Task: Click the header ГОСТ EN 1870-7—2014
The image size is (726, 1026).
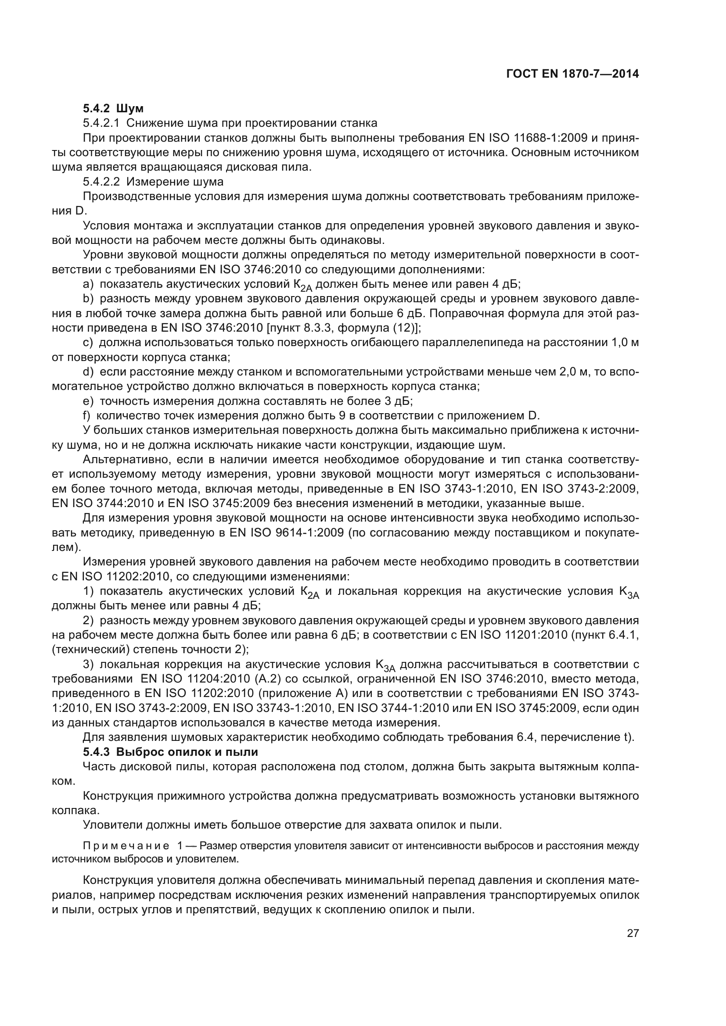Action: click(572, 74)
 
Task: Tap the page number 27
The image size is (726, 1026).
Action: click(633, 933)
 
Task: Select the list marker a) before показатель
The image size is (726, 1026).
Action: click(88, 284)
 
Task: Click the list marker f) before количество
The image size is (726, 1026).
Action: click(87, 415)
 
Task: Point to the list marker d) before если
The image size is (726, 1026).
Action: click(88, 372)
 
